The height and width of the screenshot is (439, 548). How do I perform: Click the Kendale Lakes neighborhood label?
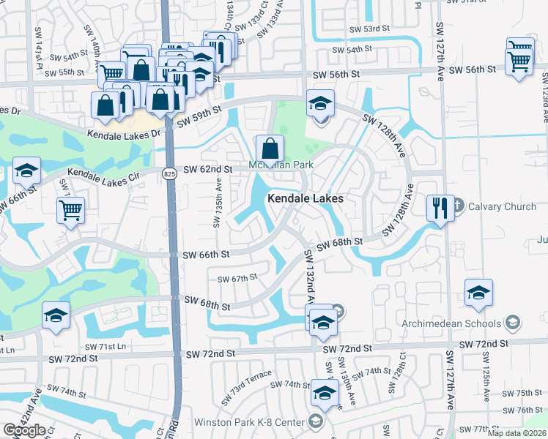click(306, 198)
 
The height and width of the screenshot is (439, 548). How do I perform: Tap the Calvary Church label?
click(500, 206)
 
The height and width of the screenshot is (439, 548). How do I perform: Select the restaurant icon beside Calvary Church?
click(440, 209)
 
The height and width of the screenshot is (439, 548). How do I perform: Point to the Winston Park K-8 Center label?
click(249, 422)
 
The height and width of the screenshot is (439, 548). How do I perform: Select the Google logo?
click(24, 429)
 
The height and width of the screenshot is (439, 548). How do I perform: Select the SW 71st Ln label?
click(105, 346)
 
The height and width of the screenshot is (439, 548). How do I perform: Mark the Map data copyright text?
click(516, 433)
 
